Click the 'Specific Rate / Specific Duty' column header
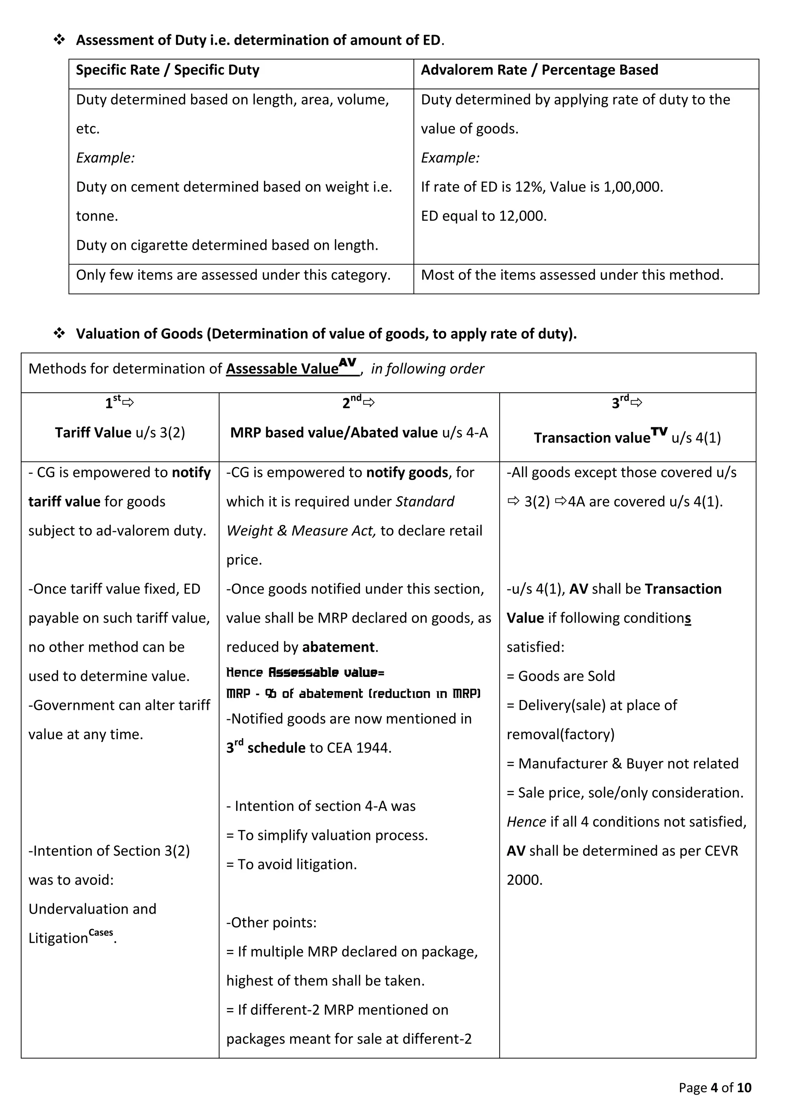168,70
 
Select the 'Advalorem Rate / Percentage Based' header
539,70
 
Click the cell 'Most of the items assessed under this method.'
572,275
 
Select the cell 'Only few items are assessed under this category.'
233,275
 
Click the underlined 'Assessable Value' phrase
282,369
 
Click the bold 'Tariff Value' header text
93,433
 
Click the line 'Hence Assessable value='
305,673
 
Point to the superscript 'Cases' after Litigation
101,933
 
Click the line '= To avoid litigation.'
292,864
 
